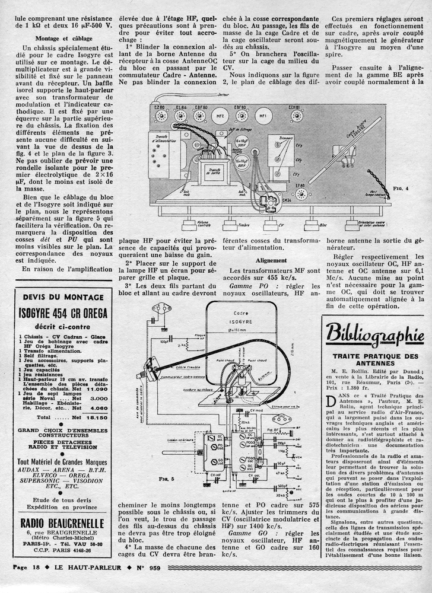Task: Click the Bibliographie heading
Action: (x=375, y=333)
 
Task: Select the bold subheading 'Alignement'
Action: (x=271, y=260)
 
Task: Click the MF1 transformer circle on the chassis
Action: (x=264, y=116)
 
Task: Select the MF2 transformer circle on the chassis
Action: (x=219, y=116)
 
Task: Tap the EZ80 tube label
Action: (x=159, y=107)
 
